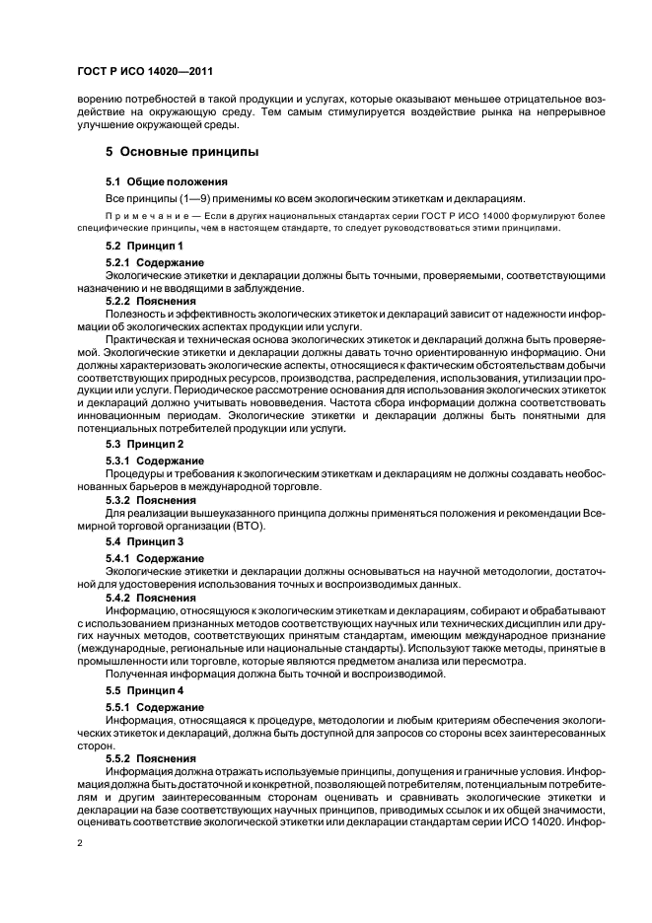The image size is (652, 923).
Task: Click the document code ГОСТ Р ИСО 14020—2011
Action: point(144,73)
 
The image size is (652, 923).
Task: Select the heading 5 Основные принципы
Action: point(181,153)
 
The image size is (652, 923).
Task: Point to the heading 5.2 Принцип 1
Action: point(144,245)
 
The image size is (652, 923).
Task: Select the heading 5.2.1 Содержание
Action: point(154,262)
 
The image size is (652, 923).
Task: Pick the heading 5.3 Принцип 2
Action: point(144,445)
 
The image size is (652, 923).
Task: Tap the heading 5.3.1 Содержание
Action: point(154,461)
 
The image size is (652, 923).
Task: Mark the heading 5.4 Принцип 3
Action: point(144,542)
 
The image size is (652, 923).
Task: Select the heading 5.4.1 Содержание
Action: point(154,559)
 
